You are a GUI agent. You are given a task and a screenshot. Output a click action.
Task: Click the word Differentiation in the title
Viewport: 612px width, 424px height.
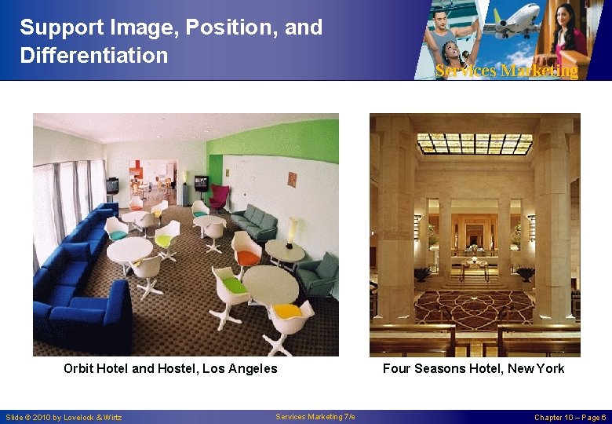[x=94, y=56]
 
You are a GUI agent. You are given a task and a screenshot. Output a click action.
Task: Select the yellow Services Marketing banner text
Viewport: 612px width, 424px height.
[x=506, y=71]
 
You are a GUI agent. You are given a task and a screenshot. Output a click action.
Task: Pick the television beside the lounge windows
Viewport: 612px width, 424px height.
[x=112, y=185]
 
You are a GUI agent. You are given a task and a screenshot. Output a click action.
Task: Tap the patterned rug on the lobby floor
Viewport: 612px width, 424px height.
[x=474, y=309]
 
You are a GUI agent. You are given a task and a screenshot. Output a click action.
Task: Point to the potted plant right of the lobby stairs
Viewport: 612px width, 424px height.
[x=525, y=273]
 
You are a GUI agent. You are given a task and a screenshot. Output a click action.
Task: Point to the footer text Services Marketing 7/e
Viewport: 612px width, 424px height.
[x=315, y=416]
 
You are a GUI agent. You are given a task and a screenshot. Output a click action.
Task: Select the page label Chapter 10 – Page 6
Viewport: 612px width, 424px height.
[x=570, y=417]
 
